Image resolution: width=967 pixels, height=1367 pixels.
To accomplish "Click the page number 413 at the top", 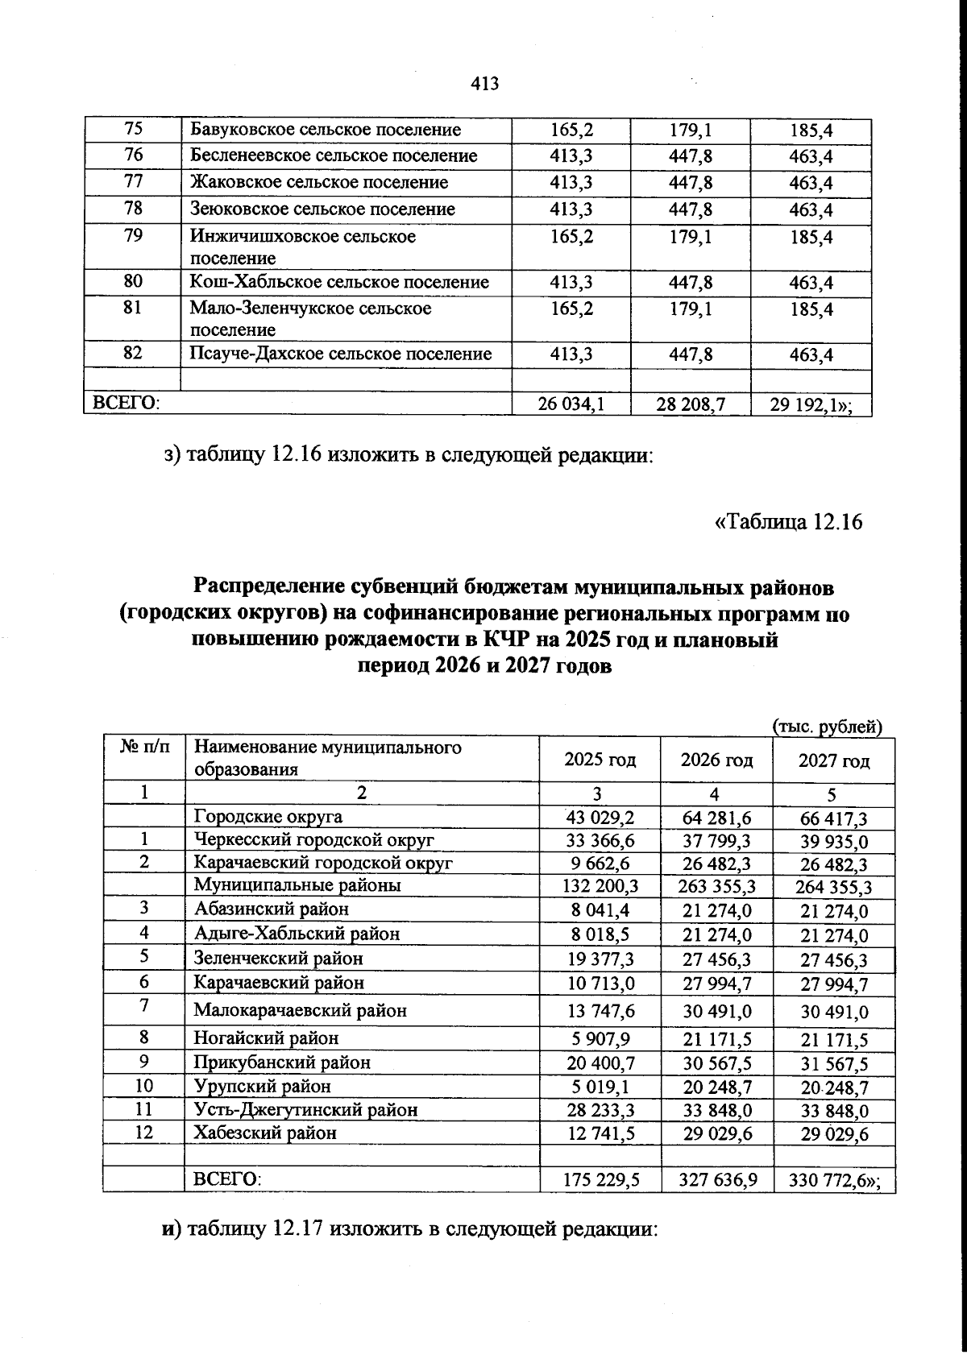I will [x=484, y=84].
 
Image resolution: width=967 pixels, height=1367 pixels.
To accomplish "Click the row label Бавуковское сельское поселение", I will [x=326, y=130].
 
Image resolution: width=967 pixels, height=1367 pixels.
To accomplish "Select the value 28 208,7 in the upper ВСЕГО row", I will [x=691, y=404].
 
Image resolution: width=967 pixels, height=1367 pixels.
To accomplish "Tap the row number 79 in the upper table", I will [x=133, y=236].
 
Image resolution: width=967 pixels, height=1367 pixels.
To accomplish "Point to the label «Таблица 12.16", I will [x=788, y=522].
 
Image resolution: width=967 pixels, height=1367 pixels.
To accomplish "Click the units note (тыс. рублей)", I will [x=828, y=726].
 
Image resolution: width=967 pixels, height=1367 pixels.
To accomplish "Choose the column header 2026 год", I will [x=716, y=760].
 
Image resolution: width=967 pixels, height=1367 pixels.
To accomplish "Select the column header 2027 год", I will [x=833, y=760].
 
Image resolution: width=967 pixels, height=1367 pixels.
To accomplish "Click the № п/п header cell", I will [x=144, y=747].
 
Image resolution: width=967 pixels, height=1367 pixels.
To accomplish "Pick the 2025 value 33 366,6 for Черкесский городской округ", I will [x=600, y=840].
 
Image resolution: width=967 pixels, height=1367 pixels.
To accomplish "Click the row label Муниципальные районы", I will [x=297, y=885].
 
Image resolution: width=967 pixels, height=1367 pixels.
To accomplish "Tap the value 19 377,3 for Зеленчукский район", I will [x=600, y=959].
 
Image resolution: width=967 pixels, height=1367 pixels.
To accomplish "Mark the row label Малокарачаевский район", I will [x=300, y=1010].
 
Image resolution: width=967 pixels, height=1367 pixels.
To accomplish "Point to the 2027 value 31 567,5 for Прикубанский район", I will [x=834, y=1064].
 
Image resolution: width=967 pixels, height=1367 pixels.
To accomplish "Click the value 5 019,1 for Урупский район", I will [x=600, y=1087].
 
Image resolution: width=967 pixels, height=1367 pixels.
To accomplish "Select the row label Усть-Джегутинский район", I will [x=305, y=1110].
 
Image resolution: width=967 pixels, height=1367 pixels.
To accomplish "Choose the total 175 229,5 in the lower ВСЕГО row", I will [x=600, y=1180].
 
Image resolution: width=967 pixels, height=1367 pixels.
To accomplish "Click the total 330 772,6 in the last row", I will [x=830, y=1182].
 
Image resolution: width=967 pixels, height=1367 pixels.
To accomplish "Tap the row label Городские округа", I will [x=268, y=817].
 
